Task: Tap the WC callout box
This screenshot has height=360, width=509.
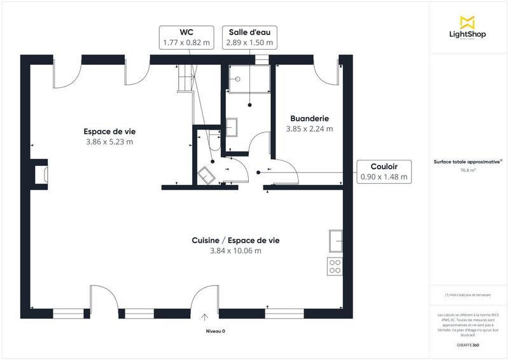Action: click(186, 37)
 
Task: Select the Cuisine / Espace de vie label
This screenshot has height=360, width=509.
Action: click(235, 240)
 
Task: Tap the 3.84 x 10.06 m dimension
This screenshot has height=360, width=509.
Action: click(235, 251)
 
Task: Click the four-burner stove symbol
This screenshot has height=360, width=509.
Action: click(335, 267)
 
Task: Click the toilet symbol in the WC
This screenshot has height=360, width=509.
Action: click(207, 174)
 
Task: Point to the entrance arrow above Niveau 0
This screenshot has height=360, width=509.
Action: click(206, 317)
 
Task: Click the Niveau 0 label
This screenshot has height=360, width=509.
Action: click(215, 331)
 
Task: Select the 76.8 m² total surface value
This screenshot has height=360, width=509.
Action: click(468, 170)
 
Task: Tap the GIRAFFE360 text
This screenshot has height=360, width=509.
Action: click(468, 343)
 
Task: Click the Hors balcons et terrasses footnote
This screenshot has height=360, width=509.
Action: click(468, 294)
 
